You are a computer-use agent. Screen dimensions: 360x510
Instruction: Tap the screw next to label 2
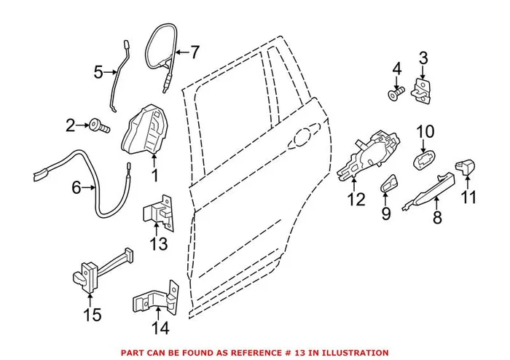tap(100, 127)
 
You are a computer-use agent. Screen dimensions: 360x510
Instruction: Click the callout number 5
tap(99, 71)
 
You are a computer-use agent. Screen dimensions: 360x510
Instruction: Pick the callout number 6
tap(76, 188)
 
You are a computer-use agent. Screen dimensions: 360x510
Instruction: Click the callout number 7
tap(194, 52)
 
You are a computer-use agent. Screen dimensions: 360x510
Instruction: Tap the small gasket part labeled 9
tap(388, 186)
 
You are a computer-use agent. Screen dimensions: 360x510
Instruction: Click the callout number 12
tap(355, 199)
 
